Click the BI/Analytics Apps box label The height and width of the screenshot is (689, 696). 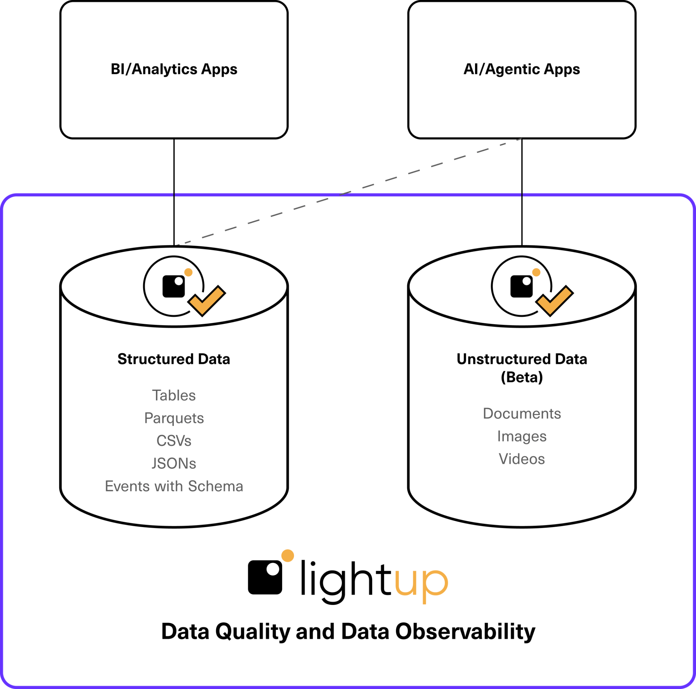pyautogui.click(x=174, y=69)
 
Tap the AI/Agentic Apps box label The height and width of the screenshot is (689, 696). pyautogui.click(x=521, y=69)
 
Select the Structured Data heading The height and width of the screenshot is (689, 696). pyautogui.click(x=174, y=359)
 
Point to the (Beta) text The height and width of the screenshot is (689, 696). pyautogui.click(x=522, y=378)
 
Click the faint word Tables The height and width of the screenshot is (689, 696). pyautogui.click(x=174, y=396)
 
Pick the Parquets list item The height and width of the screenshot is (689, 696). pyautogui.click(x=174, y=418)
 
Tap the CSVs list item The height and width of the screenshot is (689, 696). pyautogui.click(x=174, y=441)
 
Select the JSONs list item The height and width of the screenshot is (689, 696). pyautogui.click(x=174, y=463)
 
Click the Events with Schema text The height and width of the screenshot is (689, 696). pyautogui.click(x=174, y=486)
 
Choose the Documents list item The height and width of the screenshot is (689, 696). pyautogui.click(x=522, y=414)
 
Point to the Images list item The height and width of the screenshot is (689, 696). pyautogui.click(x=522, y=437)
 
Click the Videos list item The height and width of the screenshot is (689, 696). pyautogui.click(x=522, y=459)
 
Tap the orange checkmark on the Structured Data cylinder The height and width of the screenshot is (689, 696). pyautogui.click(x=207, y=300)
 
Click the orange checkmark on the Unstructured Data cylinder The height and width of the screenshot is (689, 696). pyautogui.click(x=555, y=300)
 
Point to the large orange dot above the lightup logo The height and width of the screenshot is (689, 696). pyautogui.click(x=288, y=556)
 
